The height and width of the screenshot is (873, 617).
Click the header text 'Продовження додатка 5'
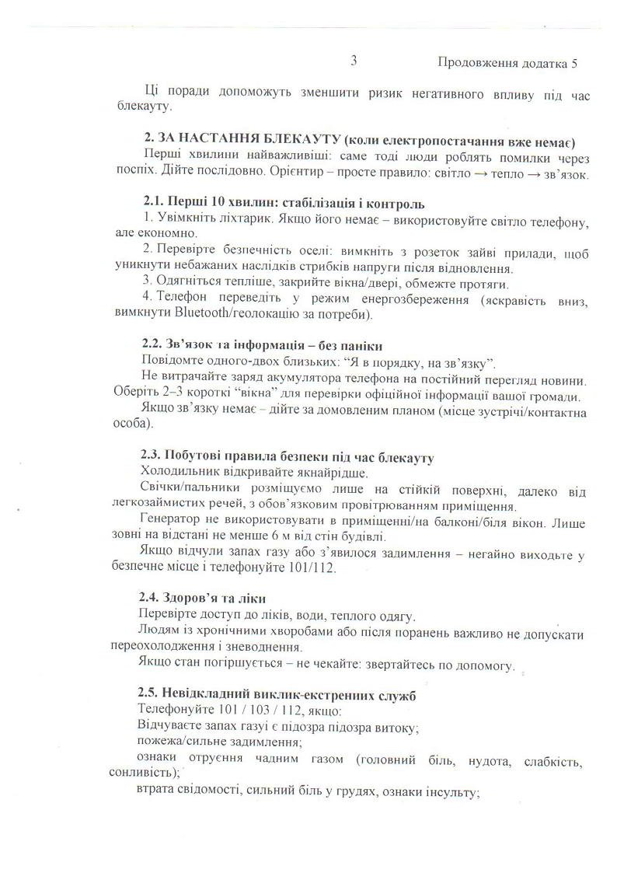point(507,62)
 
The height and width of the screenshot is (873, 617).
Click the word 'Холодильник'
point(179,473)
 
